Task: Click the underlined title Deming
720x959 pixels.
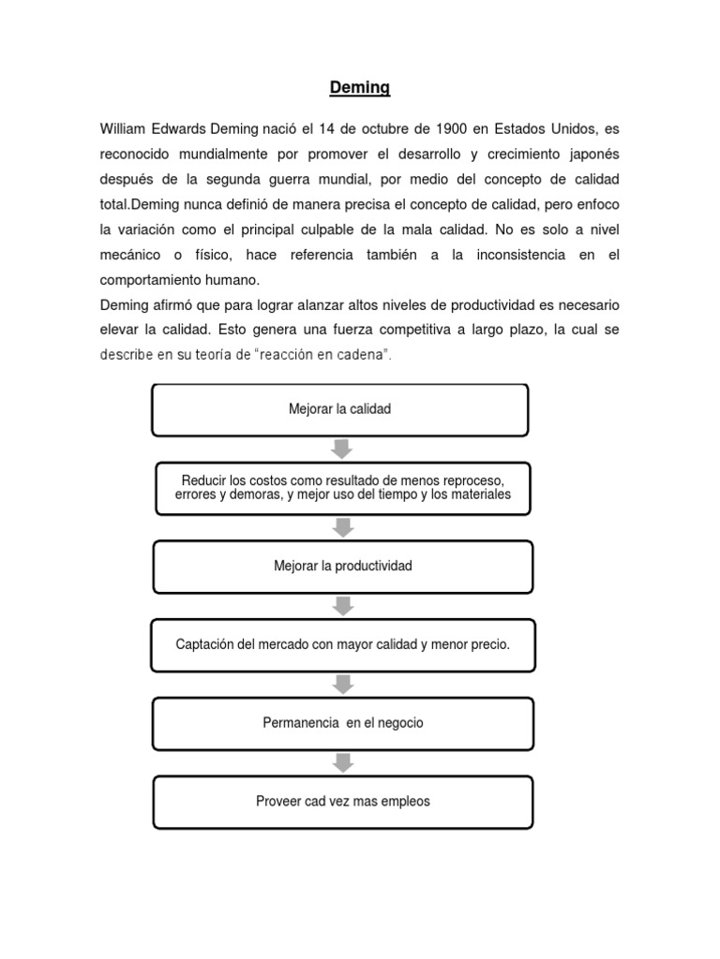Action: coord(359,89)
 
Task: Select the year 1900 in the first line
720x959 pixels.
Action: coord(452,128)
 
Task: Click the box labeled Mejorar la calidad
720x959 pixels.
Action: coord(339,409)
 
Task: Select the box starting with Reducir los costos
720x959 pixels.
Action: coord(342,487)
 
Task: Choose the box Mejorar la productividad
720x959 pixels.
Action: coord(342,567)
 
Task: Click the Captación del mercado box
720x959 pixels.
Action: coord(343,645)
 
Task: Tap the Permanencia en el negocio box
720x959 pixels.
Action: coord(343,723)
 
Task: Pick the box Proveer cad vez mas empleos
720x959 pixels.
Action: coord(343,801)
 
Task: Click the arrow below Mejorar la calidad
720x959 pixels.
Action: coord(342,449)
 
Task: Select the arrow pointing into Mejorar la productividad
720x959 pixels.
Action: coord(343,527)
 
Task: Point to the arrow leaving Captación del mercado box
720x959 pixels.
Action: coord(343,685)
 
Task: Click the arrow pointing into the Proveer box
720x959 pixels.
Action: coord(343,762)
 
